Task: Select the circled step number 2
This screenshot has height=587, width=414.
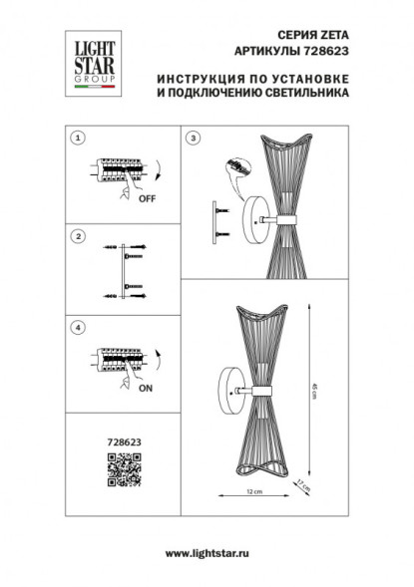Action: (x=79, y=237)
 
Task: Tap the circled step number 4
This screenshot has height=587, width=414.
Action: (x=79, y=326)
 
